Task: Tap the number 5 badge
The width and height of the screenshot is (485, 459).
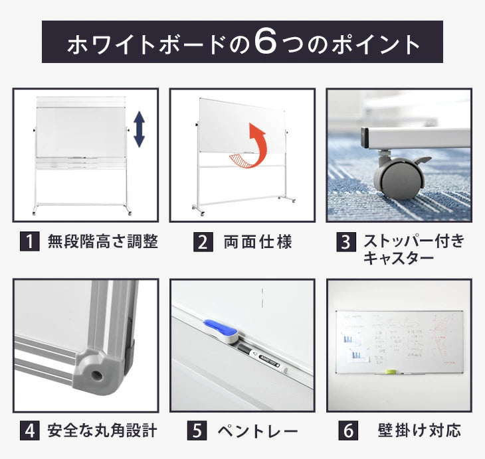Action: click(x=197, y=431)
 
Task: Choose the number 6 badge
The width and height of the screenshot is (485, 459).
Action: click(x=349, y=431)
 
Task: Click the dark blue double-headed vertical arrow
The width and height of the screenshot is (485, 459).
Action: click(x=139, y=129)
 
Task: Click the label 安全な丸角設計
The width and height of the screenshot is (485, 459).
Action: click(x=102, y=431)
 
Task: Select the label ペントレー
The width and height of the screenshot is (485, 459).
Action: click(x=258, y=432)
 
